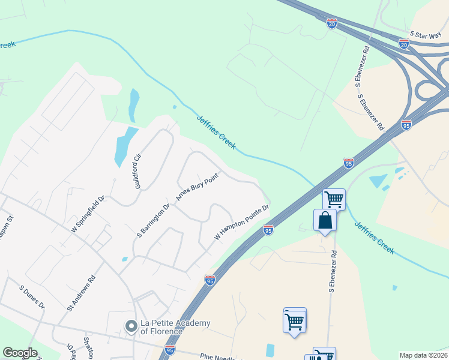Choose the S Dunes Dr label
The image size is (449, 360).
(32, 298)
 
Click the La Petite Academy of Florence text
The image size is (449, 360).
(175, 327)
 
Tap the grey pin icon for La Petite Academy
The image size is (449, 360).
(131, 326)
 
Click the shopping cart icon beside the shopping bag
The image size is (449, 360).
(334, 199)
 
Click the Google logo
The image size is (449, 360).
(20, 353)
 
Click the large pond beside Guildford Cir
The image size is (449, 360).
(124, 146)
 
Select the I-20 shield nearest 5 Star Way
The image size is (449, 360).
(403, 44)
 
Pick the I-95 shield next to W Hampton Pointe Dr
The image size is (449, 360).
(268, 229)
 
